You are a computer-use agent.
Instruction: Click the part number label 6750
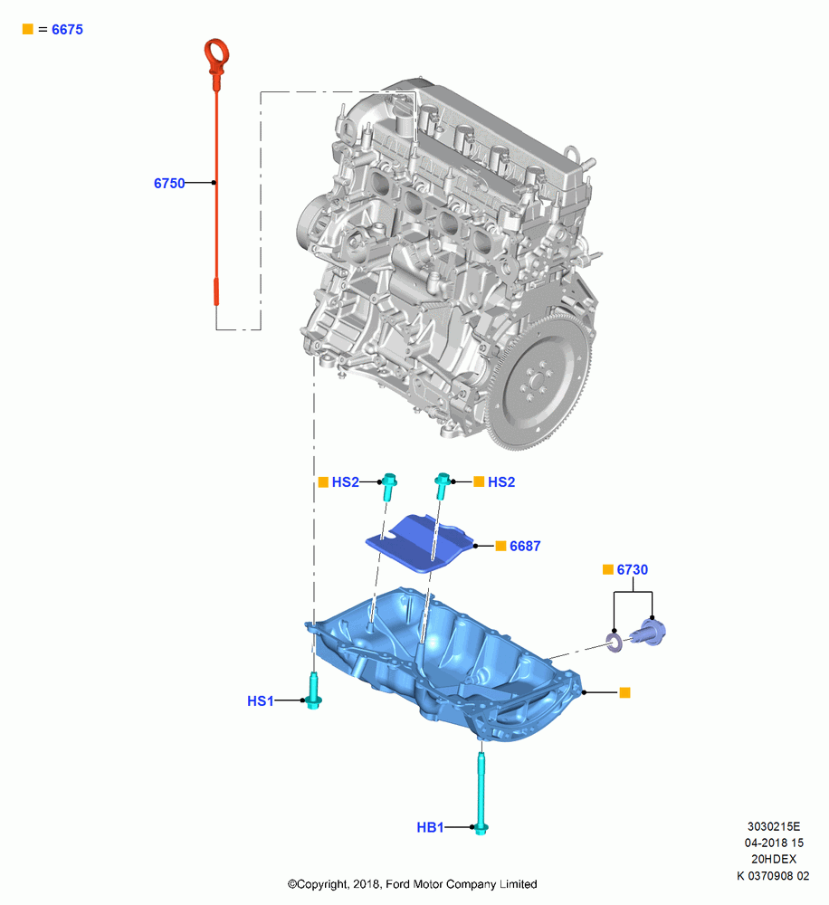(x=169, y=183)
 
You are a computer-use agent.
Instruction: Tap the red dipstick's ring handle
(x=216, y=51)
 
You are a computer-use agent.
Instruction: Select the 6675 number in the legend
(x=68, y=30)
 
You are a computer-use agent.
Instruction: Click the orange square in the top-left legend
(x=27, y=29)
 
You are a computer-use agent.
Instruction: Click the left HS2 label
(x=345, y=482)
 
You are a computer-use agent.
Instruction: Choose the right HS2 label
(x=501, y=482)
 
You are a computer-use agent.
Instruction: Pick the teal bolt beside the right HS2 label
(x=443, y=487)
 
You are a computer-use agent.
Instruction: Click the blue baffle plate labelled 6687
(x=422, y=542)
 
